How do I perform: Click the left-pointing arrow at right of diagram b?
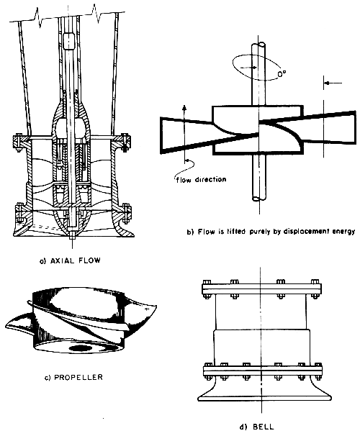point(333,83)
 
